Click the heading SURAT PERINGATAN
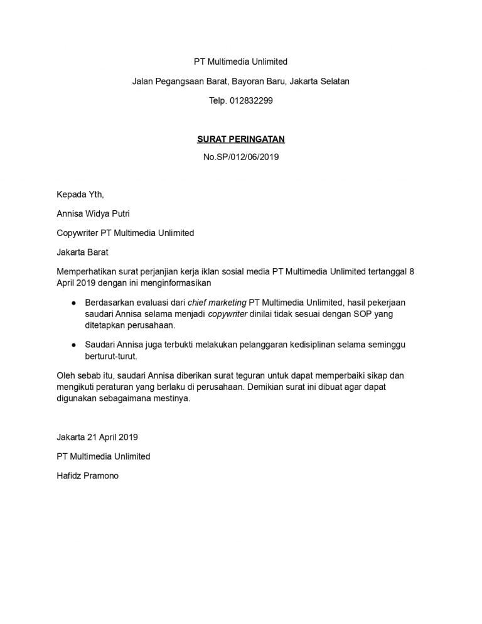click(x=241, y=139)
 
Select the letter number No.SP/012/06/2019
click(x=241, y=157)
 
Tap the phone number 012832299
click(x=251, y=100)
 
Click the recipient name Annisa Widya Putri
click(x=94, y=213)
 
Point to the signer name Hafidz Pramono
click(x=87, y=475)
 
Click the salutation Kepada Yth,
click(x=80, y=194)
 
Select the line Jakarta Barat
click(x=82, y=252)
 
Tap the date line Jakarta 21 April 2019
click(x=97, y=437)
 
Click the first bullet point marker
click(x=73, y=303)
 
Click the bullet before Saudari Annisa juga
click(x=73, y=345)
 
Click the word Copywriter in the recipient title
click(x=78, y=233)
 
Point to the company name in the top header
click(x=241, y=62)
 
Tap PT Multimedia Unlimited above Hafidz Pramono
click(x=104, y=456)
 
